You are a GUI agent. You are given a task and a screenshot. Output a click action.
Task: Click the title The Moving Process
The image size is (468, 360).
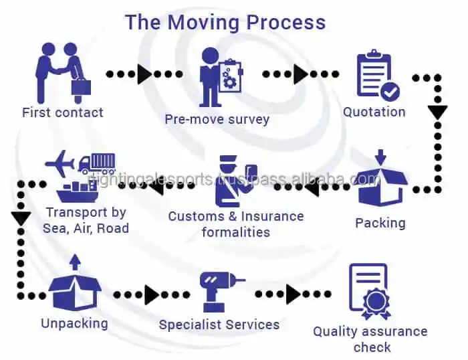coord(225,21)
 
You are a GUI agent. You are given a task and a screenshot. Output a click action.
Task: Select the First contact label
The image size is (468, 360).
coord(63,112)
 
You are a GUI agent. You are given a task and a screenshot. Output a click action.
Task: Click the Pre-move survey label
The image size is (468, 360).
coord(217,120)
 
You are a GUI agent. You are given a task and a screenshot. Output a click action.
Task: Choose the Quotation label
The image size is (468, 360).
coord(374,112)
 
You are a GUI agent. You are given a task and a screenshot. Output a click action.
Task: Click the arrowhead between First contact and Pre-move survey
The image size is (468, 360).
coord(144,74)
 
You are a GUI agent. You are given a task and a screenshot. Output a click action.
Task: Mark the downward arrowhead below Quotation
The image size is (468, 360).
coord(437,112)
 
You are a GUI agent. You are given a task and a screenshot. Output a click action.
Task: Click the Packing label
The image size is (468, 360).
coord(380,222)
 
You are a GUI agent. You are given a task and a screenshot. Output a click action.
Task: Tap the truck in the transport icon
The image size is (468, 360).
coord(98,163)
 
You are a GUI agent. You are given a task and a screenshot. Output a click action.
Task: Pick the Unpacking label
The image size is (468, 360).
coord(74,323)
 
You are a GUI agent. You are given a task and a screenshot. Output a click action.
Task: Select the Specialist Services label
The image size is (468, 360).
coord(219,325)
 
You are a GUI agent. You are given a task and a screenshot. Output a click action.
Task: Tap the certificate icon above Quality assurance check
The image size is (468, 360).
coord(369,292)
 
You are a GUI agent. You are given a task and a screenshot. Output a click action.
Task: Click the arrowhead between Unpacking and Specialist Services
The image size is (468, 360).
coord(152,294)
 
